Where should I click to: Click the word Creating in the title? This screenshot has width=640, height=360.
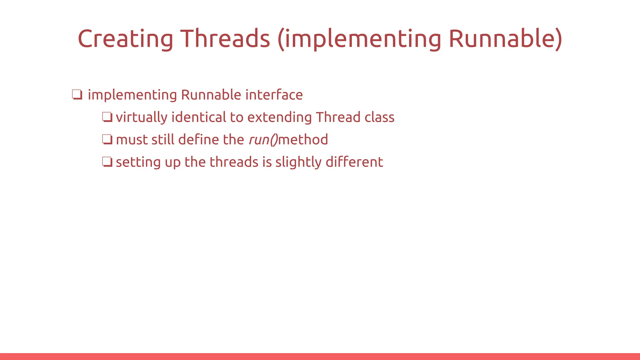click(125, 39)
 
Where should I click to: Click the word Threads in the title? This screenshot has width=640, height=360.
click(225, 39)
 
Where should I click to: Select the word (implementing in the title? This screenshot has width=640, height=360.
click(359, 39)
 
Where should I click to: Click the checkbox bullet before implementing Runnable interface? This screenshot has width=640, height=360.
click(77, 95)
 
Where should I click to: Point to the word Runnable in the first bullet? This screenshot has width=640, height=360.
click(211, 95)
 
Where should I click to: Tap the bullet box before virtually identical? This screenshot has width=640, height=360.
click(107, 117)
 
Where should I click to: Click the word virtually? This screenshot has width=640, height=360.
click(142, 117)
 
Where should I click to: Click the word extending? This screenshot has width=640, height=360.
click(279, 117)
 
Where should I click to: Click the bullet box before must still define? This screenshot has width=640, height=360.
click(107, 140)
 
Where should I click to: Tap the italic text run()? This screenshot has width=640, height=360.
click(263, 140)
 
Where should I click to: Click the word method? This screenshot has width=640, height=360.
click(303, 140)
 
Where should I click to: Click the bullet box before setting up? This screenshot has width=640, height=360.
click(107, 162)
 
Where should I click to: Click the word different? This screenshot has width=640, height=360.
click(354, 162)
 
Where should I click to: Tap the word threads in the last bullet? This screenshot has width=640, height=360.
click(234, 162)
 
